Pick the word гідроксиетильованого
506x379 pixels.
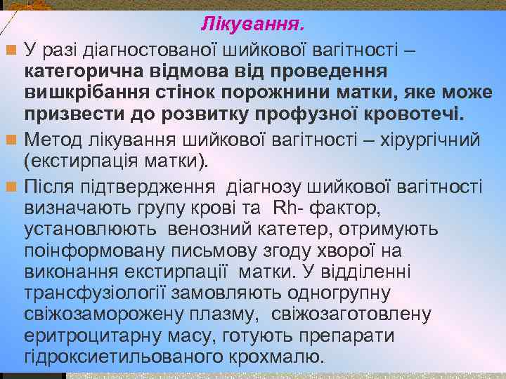124,357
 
